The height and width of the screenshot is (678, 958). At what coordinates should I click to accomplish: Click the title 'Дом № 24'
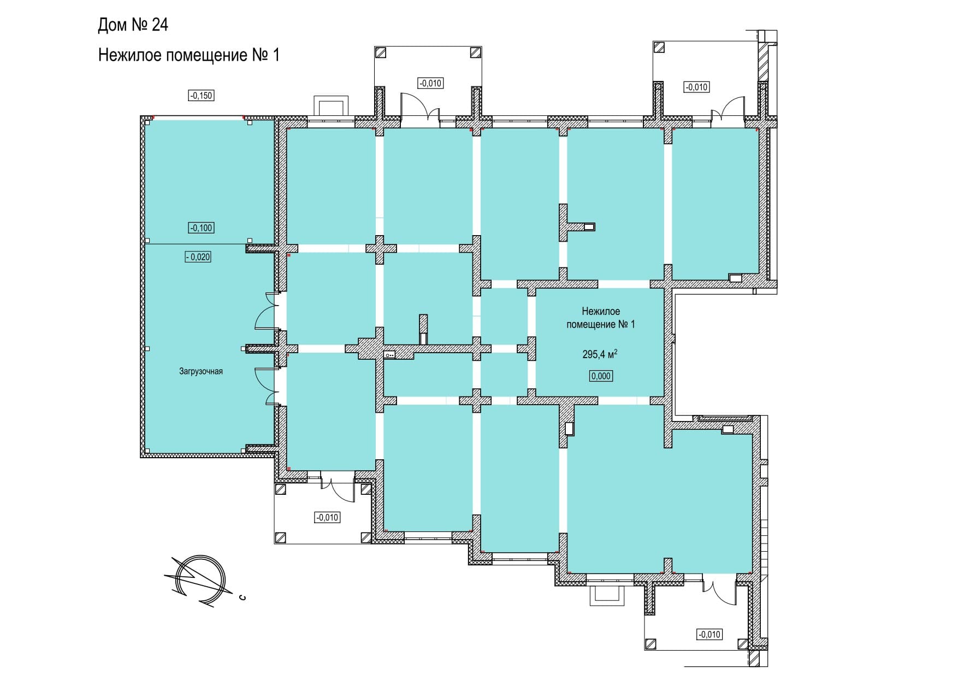[133, 25]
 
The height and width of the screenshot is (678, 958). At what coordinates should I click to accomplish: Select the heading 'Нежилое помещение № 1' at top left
[188, 55]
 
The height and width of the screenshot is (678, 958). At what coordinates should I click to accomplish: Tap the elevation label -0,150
[201, 96]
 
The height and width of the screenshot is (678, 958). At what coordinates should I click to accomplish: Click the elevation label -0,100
[201, 228]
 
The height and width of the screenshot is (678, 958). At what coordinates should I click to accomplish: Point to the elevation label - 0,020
[198, 257]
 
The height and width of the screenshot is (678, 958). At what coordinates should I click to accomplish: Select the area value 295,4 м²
[600, 354]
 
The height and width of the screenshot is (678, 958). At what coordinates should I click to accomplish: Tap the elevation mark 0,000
[601, 376]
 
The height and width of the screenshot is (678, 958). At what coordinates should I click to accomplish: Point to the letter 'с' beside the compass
[242, 597]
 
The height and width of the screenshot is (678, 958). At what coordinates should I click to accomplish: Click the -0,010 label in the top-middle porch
[430, 84]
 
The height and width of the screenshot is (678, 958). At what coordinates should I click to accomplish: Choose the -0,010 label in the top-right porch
[696, 87]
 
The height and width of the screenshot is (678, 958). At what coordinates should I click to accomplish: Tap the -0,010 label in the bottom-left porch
[327, 517]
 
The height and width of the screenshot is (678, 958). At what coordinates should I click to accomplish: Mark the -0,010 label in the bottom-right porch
[709, 635]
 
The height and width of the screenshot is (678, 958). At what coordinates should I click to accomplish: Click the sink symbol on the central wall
[389, 355]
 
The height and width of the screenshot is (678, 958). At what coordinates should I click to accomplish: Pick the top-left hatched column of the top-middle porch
[381, 52]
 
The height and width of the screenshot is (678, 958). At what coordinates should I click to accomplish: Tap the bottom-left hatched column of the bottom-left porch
[281, 538]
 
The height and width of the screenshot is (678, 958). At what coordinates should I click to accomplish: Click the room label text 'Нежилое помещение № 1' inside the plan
[601, 318]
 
